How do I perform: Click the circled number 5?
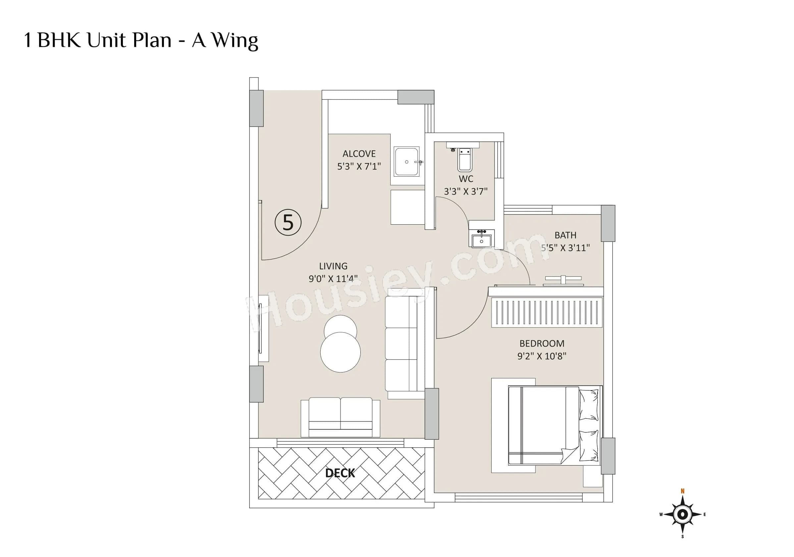pyautogui.click(x=288, y=222)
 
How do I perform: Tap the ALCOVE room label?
pyautogui.click(x=359, y=154)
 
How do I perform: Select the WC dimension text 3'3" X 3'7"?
pyautogui.click(x=465, y=191)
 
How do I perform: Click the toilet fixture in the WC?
pyautogui.click(x=464, y=159)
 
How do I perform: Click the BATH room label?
pyautogui.click(x=565, y=235)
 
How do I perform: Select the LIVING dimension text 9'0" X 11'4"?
pyautogui.click(x=333, y=278)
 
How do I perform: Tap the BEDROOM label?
pyautogui.click(x=542, y=344)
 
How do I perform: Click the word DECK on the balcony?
pyautogui.click(x=340, y=473)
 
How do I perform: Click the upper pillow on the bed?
pyautogui.click(x=588, y=405)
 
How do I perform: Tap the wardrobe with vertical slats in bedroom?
pyautogui.click(x=547, y=312)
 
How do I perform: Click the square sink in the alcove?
pyautogui.click(x=407, y=162)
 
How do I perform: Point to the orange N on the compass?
pyautogui.click(x=682, y=491)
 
